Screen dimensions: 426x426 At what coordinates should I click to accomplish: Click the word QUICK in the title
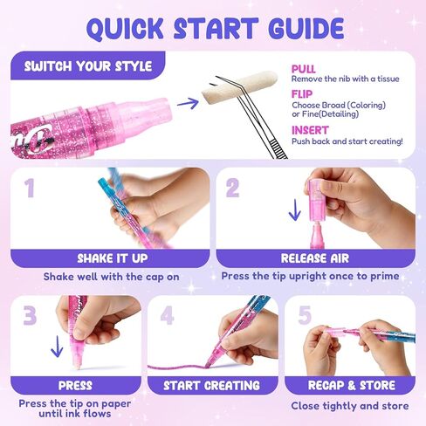125,29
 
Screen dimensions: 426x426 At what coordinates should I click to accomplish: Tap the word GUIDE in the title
306,28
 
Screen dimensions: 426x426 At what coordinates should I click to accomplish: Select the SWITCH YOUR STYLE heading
88,66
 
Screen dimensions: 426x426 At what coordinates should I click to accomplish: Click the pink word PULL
304,69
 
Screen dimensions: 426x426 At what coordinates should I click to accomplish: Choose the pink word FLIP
302,94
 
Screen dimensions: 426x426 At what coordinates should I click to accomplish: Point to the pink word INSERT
310,130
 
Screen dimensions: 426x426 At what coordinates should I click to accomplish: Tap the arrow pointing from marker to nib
188,103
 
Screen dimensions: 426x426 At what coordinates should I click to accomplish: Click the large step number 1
29,188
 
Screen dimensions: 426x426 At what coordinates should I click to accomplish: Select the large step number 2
232,188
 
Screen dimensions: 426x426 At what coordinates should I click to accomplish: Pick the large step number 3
30,315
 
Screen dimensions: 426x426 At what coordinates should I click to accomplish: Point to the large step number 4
167,315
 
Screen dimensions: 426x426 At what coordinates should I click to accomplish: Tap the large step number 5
305,315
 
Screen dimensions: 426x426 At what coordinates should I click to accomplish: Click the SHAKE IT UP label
113,258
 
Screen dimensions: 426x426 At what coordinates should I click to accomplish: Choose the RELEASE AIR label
315,258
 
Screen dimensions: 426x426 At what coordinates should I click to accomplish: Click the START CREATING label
211,386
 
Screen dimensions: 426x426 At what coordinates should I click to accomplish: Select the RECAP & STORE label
352,385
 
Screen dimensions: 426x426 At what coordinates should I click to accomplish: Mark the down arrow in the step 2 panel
295,210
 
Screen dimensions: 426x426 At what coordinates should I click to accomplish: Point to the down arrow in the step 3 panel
57,347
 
